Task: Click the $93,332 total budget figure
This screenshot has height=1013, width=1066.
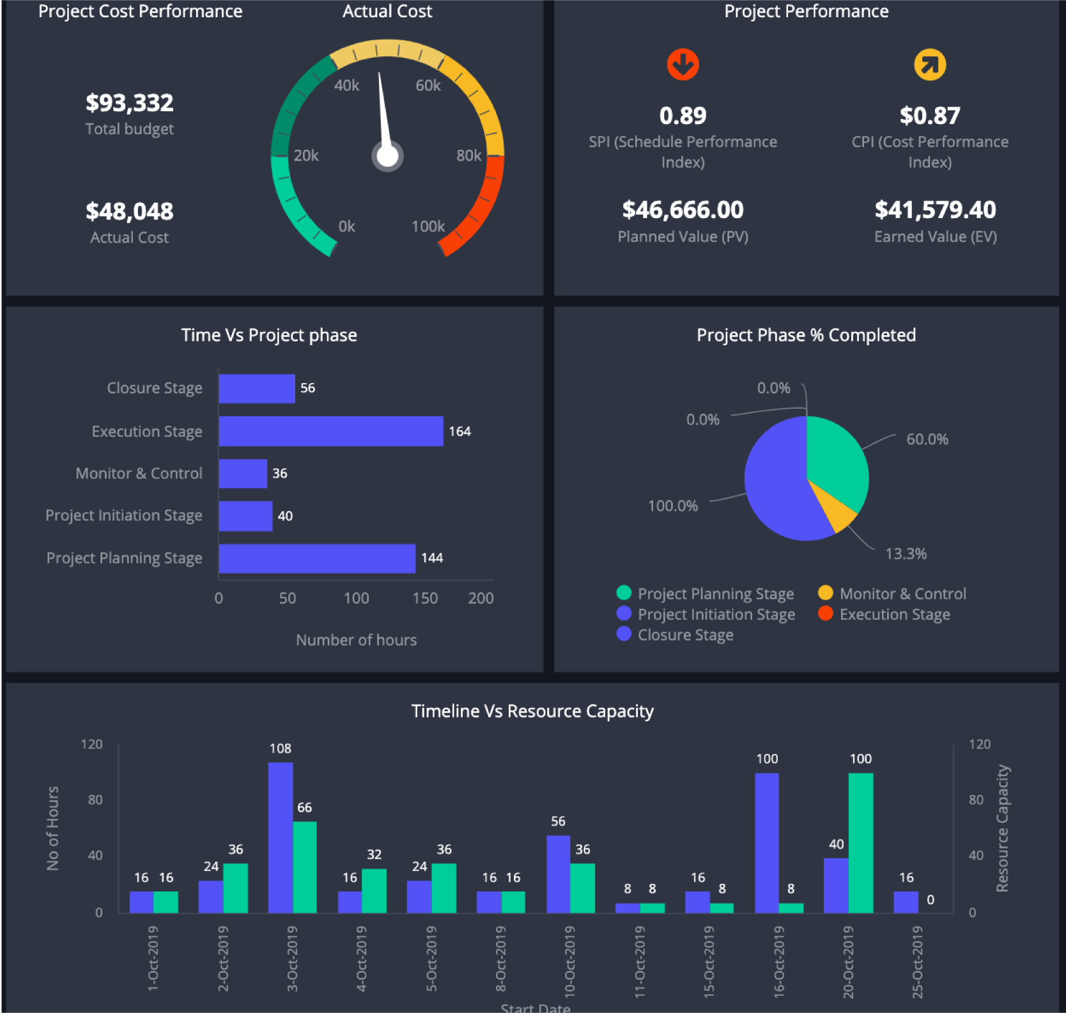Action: [130, 103]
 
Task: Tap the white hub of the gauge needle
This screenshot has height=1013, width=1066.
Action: [387, 156]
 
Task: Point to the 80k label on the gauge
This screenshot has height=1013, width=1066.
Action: [468, 155]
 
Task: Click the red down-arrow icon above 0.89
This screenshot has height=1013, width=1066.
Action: [683, 65]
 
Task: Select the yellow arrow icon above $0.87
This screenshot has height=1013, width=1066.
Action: [929, 65]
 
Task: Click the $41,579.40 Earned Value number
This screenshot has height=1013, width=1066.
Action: [935, 210]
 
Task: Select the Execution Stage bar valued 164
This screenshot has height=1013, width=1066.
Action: [330, 431]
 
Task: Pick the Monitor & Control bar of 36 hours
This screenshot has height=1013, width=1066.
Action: [243, 473]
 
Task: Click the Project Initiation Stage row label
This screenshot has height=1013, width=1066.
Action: [124, 515]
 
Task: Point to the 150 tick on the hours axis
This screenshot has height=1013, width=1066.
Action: [425, 598]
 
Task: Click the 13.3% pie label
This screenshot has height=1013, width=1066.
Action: [906, 554]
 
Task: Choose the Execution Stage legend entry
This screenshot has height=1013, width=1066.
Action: [894, 615]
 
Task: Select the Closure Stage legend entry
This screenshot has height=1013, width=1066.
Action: [685, 635]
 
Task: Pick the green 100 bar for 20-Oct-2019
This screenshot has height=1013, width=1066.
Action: [860, 842]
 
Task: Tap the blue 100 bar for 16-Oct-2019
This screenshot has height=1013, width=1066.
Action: [766, 842]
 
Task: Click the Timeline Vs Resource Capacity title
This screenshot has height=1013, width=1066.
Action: [532, 711]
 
